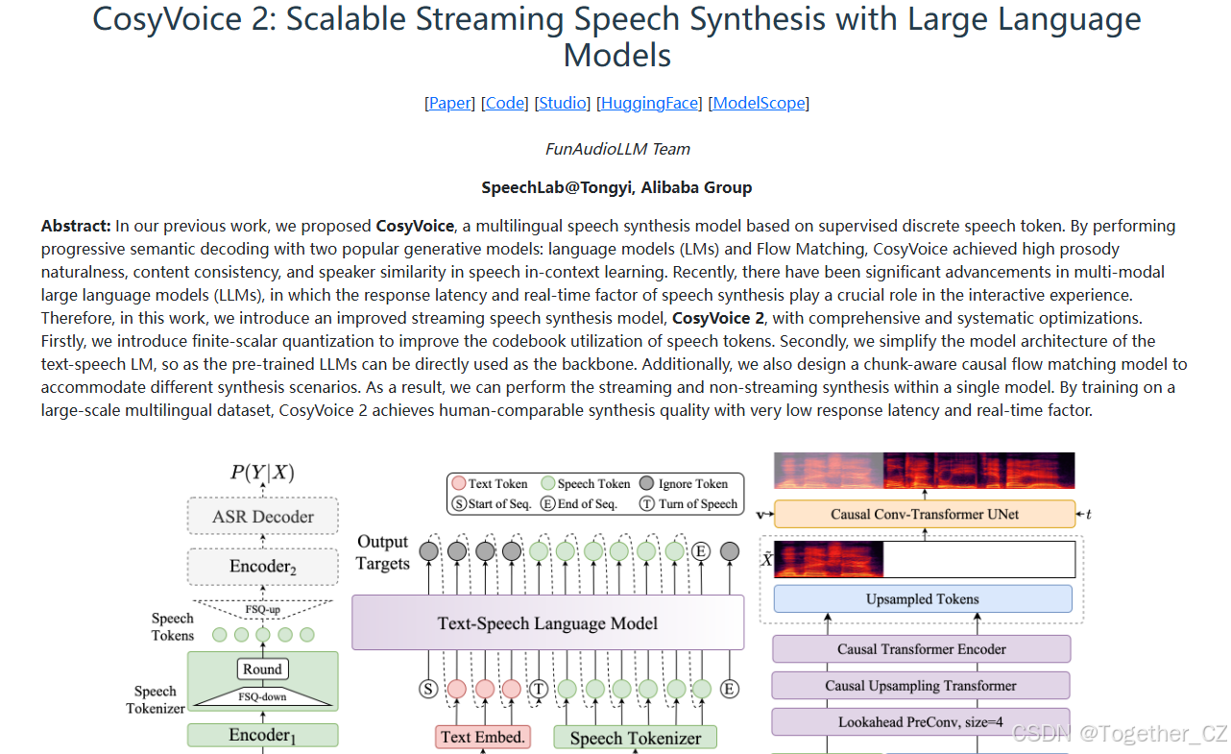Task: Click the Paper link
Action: click(449, 103)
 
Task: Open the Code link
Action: click(505, 103)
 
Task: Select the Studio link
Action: click(563, 103)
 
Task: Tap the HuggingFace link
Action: click(649, 103)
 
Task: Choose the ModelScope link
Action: click(759, 103)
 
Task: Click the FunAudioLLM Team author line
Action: click(616, 149)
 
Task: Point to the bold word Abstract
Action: click(76, 227)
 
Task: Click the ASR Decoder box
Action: click(263, 518)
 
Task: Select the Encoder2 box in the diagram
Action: click(263, 567)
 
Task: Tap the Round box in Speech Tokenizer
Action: click(262, 669)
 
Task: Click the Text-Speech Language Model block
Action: click(547, 623)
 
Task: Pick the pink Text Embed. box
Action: click(483, 738)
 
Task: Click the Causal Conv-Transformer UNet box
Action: click(924, 514)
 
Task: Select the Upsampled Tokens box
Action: click(922, 599)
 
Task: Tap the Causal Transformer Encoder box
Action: click(921, 649)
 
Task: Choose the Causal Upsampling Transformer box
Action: click(921, 686)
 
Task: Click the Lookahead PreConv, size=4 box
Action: click(921, 722)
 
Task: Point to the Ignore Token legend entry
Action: click(683, 484)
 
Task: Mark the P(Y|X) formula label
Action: click(262, 473)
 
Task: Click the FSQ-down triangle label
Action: click(262, 697)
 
